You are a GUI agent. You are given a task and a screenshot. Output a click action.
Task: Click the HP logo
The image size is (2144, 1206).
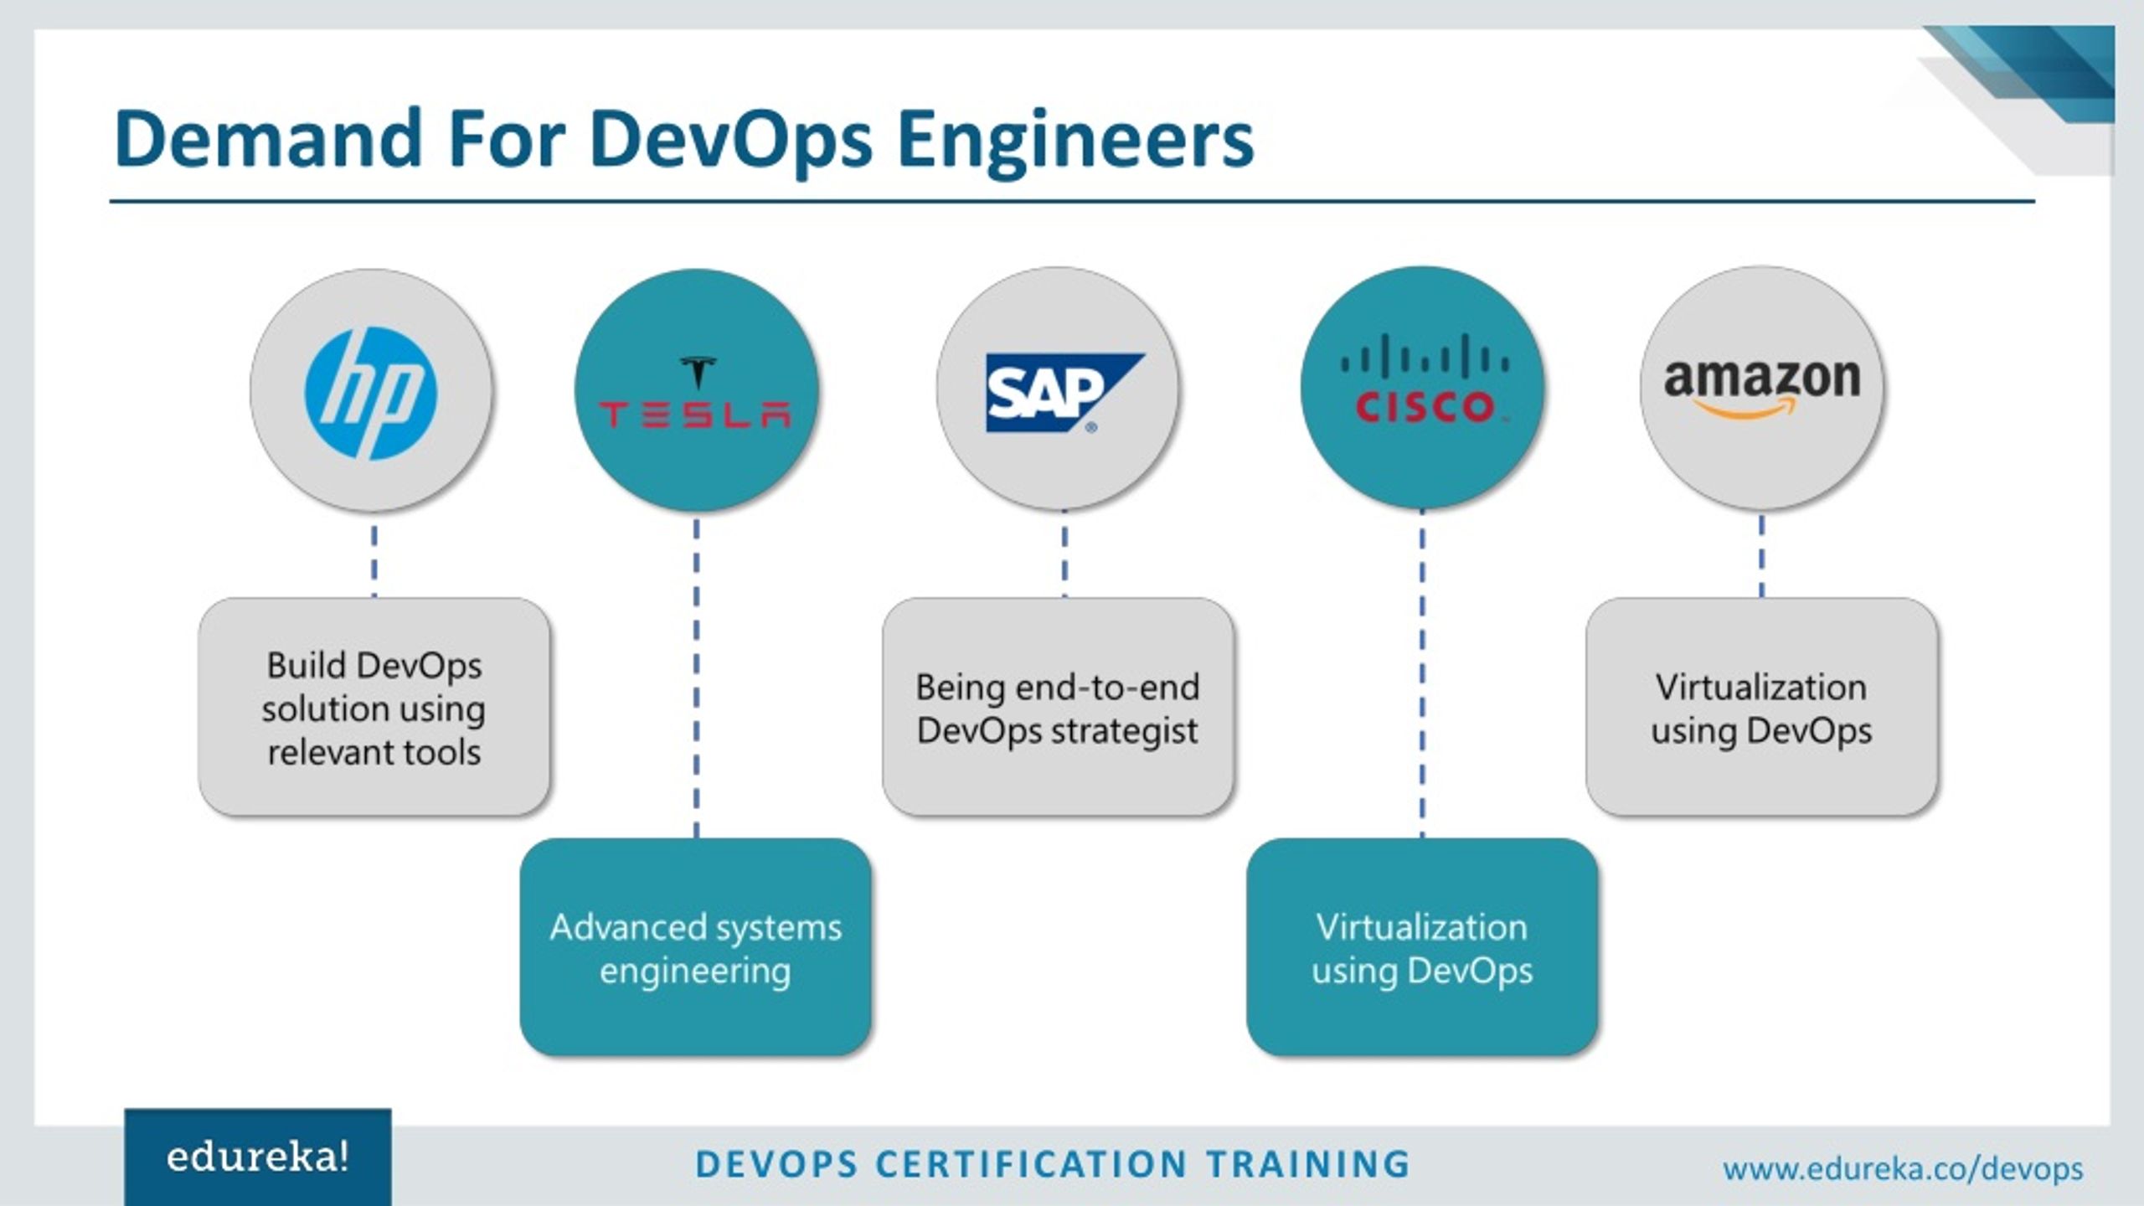[371, 392]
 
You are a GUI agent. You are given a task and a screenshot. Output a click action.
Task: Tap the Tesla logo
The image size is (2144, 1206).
[696, 394]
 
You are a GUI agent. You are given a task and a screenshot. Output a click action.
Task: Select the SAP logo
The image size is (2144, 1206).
[1061, 392]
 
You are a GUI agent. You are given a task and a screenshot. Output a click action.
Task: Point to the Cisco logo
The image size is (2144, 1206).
[1423, 380]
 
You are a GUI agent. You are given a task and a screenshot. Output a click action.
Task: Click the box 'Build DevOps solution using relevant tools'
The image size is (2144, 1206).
[374, 708]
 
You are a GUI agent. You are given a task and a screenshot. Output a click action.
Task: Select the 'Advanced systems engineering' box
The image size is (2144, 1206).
[695, 948]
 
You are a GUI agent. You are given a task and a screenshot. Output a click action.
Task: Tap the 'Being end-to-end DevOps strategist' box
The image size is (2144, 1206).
[1058, 708]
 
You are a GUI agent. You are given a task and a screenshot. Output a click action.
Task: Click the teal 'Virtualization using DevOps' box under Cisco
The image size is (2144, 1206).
[1422, 948]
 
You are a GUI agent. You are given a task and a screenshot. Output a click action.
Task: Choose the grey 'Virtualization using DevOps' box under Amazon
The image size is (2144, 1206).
[1761, 708]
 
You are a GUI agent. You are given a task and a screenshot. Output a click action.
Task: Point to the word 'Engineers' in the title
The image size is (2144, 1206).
[1075, 140]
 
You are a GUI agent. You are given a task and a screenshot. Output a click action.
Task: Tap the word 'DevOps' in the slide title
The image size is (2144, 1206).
[731, 140]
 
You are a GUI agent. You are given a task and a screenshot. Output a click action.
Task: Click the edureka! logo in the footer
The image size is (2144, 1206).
[258, 1157]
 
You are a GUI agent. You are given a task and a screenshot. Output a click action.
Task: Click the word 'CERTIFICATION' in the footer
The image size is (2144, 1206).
[1031, 1164]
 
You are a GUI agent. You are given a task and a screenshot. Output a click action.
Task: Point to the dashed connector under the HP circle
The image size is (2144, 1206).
[374, 560]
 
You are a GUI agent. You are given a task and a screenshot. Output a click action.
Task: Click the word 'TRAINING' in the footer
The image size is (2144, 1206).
[1308, 1164]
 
